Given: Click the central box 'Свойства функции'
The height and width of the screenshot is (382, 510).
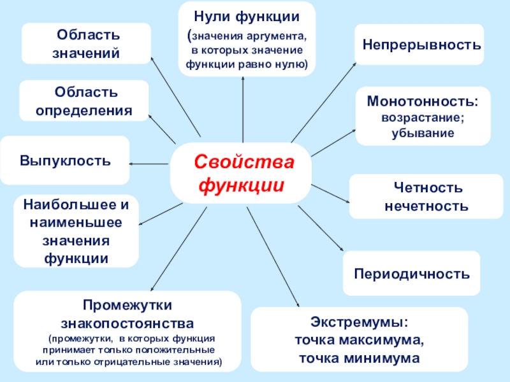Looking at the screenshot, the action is [x=241, y=173].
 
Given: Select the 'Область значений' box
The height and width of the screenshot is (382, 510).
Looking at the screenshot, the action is [x=86, y=44].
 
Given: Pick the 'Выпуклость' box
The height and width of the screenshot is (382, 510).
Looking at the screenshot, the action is [x=65, y=160].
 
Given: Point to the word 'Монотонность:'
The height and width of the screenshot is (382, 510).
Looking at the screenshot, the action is [x=423, y=102].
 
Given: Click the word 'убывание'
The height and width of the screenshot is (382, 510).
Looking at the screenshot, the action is [x=423, y=134].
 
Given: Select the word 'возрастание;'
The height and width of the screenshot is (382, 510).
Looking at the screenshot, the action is [x=423, y=118].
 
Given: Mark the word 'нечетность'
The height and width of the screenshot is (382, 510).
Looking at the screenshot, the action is [x=426, y=206].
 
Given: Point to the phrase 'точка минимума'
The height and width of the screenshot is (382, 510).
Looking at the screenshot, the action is [x=360, y=358].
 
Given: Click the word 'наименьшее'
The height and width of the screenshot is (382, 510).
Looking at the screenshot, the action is [x=76, y=223].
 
